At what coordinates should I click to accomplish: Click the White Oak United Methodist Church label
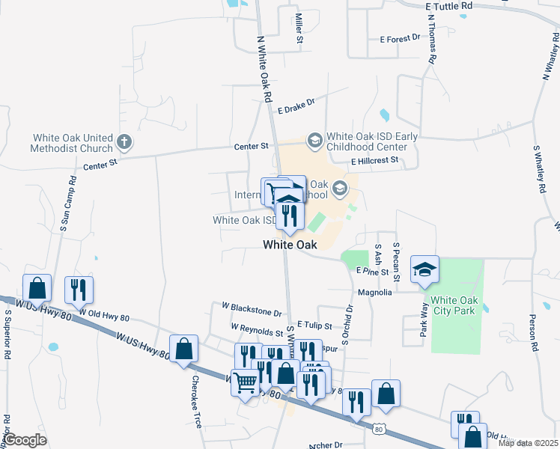click(71, 143)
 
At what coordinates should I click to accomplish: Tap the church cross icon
click(124, 140)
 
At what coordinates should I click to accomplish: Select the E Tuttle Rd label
click(449, 5)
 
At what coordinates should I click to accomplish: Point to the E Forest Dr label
click(401, 39)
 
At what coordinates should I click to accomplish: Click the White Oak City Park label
click(448, 305)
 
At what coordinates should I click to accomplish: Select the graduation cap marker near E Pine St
click(424, 270)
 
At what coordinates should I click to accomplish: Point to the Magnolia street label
click(375, 293)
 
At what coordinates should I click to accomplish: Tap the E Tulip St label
click(314, 325)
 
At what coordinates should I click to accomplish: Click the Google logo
click(25, 440)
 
